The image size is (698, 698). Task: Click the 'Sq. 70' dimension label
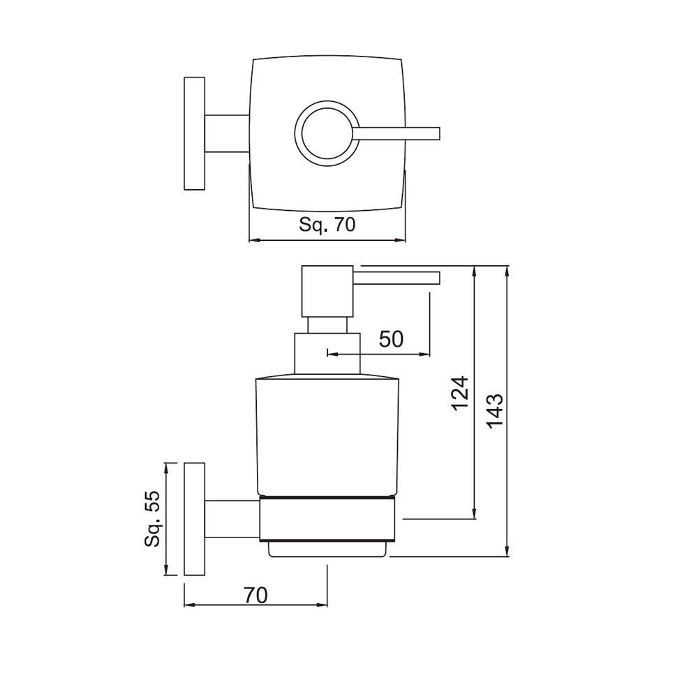pos(327,225)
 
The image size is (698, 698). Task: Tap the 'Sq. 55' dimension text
pos(153,518)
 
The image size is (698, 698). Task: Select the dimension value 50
pos(391,339)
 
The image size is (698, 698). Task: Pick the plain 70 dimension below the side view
pos(256,595)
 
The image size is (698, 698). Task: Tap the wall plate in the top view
pos(194,133)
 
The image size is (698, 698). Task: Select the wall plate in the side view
pos(194,519)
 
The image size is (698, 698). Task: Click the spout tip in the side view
pos(436,279)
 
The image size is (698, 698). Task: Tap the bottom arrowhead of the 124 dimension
pos(475,514)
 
